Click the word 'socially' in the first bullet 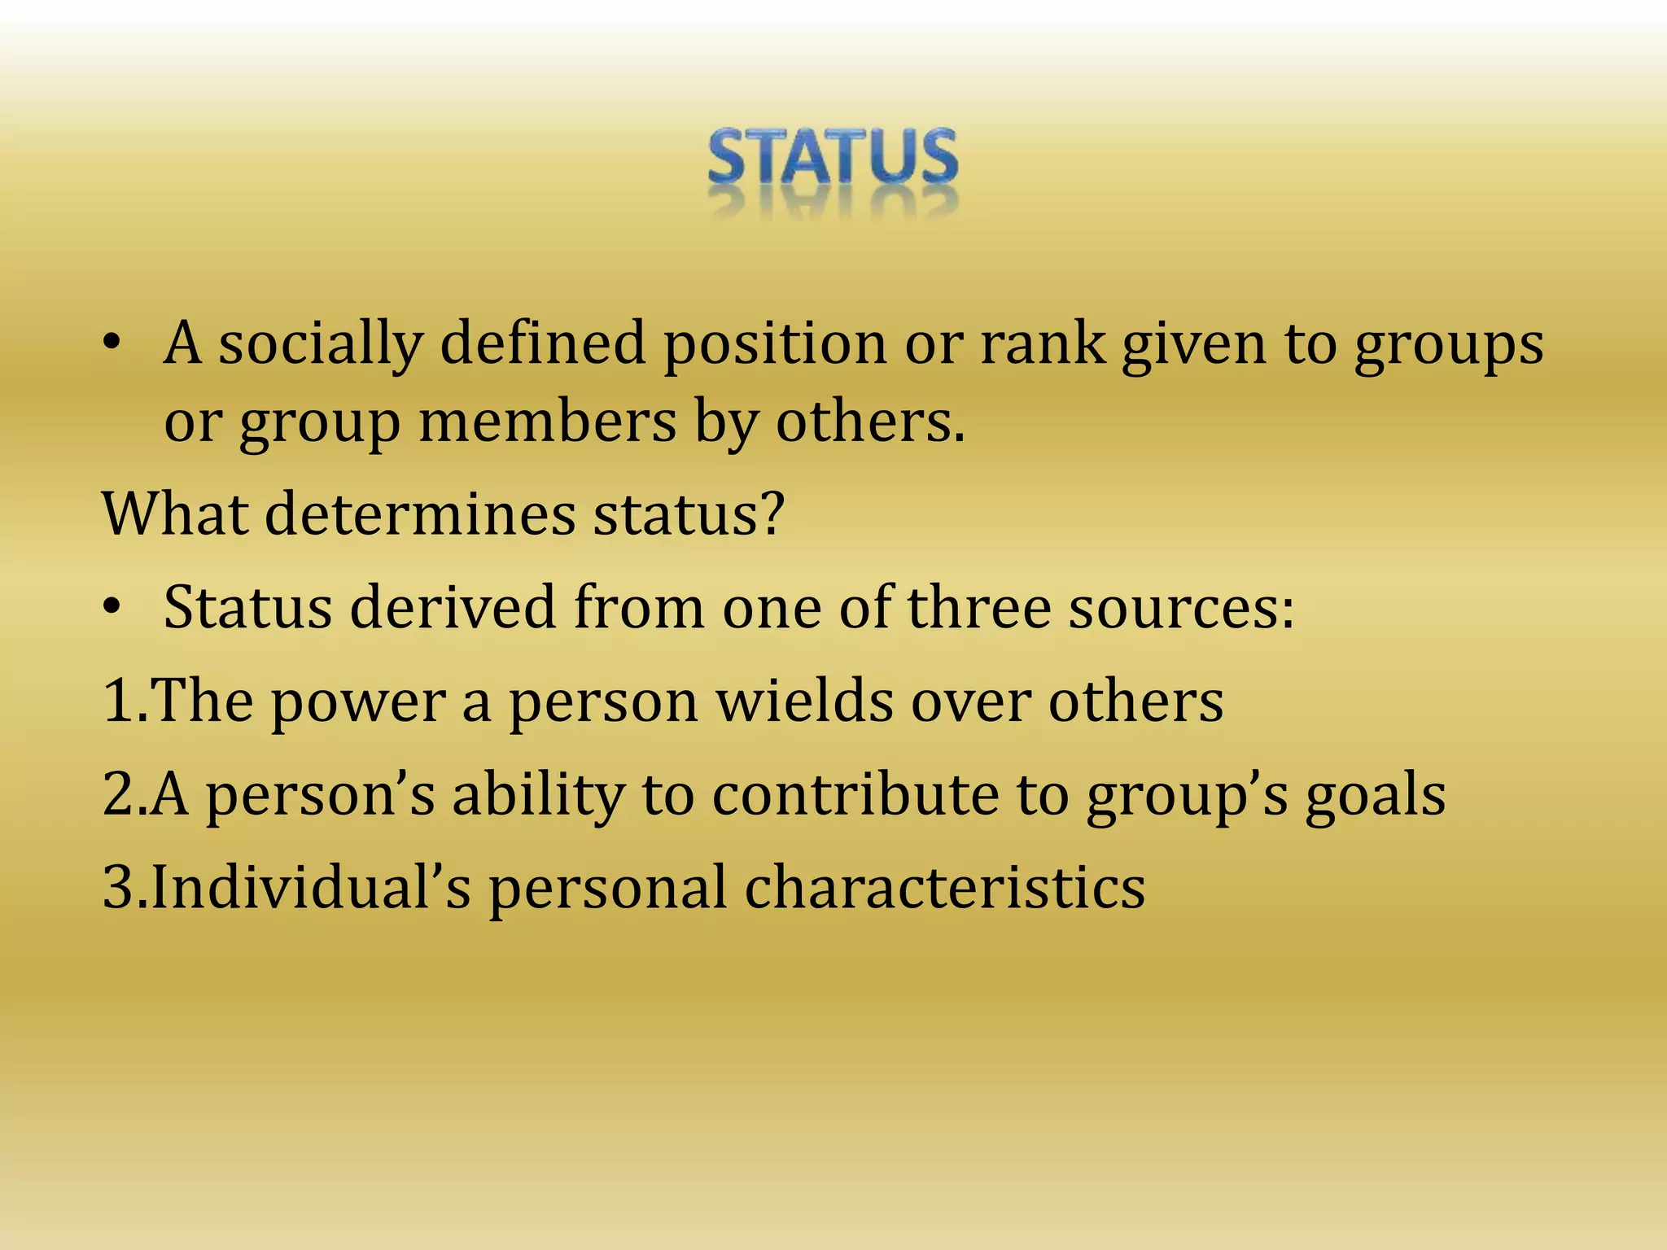coord(321,343)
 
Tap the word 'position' coord(774,345)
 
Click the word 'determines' coord(420,514)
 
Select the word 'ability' coord(538,796)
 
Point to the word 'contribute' coord(855,794)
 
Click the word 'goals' coord(1376,796)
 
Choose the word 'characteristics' coord(945,888)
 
